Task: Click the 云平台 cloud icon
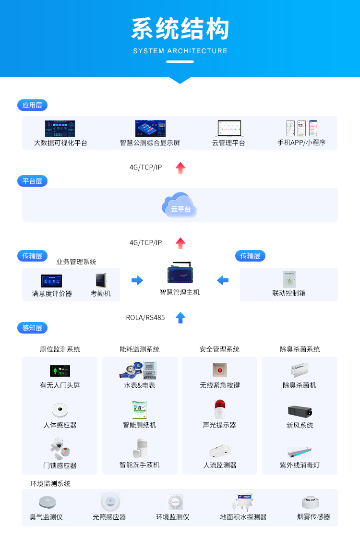(x=180, y=205)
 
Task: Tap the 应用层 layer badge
(x=32, y=105)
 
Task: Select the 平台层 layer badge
(x=32, y=181)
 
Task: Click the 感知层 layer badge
(x=32, y=328)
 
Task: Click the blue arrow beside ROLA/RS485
(x=180, y=317)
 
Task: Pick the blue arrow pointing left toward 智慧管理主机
(x=223, y=280)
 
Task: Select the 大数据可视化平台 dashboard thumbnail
(x=60, y=129)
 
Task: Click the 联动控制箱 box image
(x=289, y=279)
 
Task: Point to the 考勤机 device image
(x=100, y=280)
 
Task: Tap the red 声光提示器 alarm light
(x=219, y=409)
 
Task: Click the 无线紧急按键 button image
(x=219, y=370)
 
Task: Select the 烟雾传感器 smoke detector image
(x=311, y=502)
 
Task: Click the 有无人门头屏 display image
(x=60, y=371)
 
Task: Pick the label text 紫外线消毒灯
(x=300, y=465)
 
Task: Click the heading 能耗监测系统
(x=140, y=349)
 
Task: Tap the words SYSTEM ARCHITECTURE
(x=180, y=51)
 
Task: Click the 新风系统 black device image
(x=300, y=411)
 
